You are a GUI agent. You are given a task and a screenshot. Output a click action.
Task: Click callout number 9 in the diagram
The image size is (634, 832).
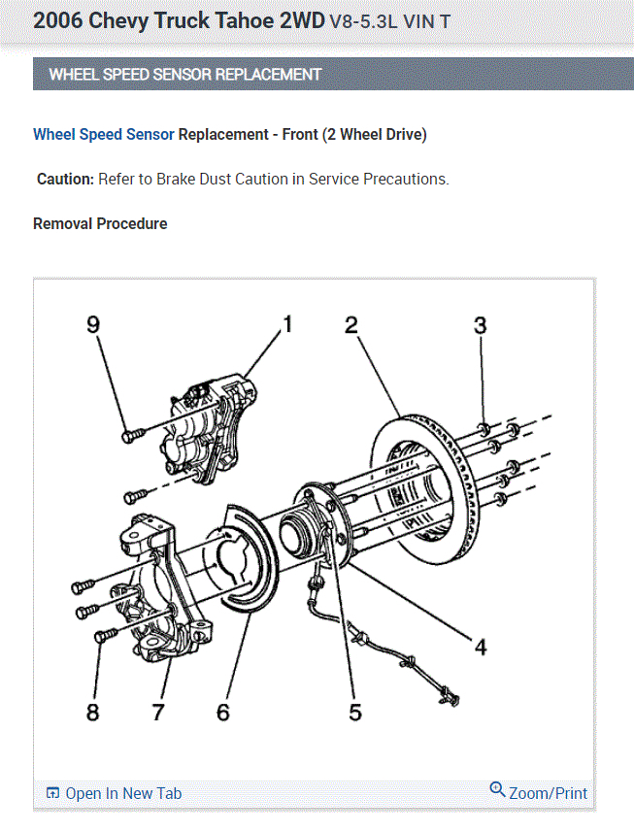pyautogui.click(x=94, y=325)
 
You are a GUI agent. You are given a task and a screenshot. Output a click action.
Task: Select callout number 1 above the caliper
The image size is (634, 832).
pyautogui.click(x=287, y=324)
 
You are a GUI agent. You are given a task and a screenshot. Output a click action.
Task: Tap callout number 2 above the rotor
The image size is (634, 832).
pyautogui.click(x=351, y=325)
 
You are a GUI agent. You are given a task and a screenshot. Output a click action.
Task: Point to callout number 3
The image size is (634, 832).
pyautogui.click(x=481, y=325)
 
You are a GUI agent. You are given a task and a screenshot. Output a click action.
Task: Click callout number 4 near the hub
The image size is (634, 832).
pyautogui.click(x=481, y=645)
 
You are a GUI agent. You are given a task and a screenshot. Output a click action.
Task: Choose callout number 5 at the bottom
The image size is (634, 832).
pyautogui.click(x=355, y=713)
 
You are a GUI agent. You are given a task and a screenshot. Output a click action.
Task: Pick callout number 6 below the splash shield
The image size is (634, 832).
pyautogui.click(x=223, y=713)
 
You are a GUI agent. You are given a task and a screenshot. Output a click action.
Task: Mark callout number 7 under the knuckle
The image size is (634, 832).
pyautogui.click(x=158, y=713)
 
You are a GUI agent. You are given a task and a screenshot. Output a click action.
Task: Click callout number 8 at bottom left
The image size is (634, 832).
pyautogui.click(x=93, y=713)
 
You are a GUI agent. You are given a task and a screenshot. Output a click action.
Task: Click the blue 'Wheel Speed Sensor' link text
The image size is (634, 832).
pyautogui.click(x=104, y=135)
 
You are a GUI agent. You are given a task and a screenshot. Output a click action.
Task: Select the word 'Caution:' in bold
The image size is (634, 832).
pyautogui.click(x=66, y=180)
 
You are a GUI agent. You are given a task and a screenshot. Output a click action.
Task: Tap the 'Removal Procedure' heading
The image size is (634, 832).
pyautogui.click(x=100, y=224)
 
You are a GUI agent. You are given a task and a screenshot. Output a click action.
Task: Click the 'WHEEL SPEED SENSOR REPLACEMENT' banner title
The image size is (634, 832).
pyautogui.click(x=184, y=74)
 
